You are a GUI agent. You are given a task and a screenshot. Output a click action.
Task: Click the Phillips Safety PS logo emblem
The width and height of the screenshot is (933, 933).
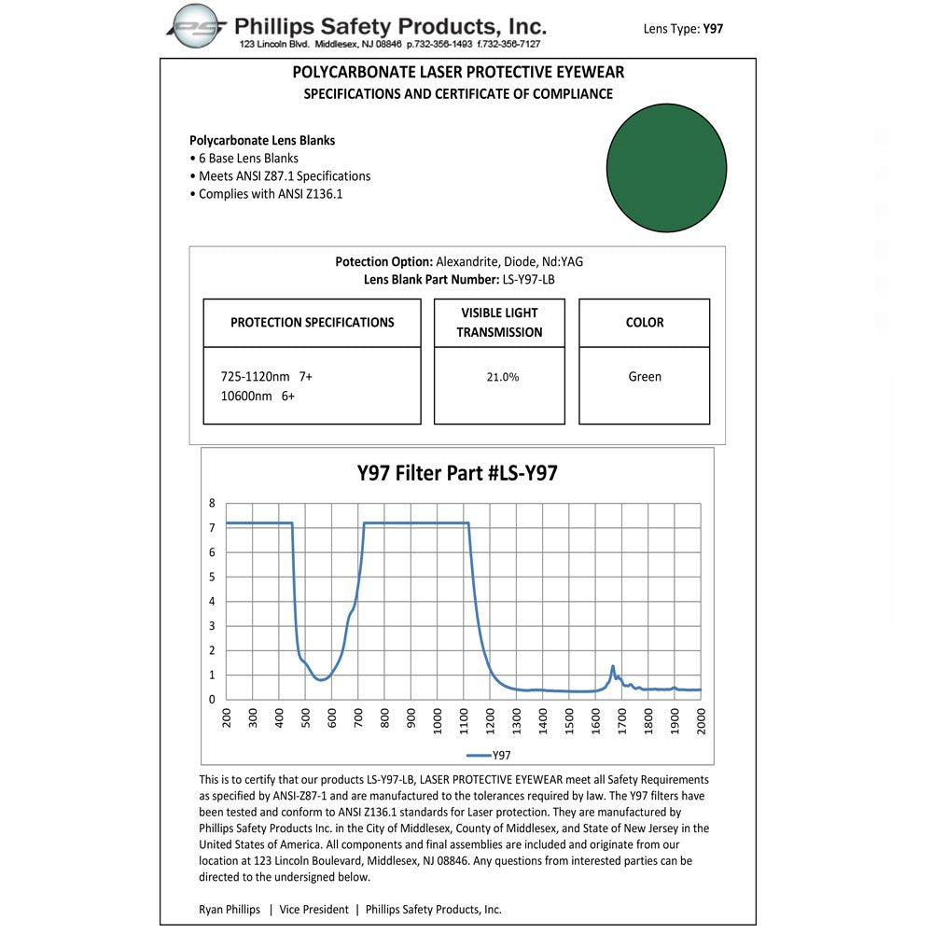coord(197,25)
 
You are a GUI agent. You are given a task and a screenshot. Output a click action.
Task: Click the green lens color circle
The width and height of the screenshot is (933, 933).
coord(666,168)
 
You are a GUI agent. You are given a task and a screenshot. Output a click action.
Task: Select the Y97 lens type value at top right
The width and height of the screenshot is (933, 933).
coord(713,29)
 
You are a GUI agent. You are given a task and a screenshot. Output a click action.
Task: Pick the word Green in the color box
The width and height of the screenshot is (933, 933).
coord(645,377)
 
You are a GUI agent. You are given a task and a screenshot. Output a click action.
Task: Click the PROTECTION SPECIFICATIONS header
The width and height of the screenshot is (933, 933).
coord(313,323)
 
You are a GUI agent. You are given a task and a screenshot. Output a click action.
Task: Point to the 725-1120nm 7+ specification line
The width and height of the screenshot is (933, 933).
coord(267,377)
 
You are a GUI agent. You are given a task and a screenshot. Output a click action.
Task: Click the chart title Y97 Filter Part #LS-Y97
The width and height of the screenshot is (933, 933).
coord(457,473)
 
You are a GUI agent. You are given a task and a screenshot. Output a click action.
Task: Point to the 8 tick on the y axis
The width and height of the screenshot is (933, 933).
coord(212,503)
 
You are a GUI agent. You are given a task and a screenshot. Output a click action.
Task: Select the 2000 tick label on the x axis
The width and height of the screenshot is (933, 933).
coord(702,722)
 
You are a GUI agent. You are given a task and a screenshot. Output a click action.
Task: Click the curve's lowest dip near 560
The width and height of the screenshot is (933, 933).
coord(322,679)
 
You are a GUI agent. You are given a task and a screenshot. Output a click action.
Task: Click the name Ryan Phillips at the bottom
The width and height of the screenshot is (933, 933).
coord(230,910)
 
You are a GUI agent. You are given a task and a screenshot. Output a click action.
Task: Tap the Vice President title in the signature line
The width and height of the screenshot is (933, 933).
coord(313,910)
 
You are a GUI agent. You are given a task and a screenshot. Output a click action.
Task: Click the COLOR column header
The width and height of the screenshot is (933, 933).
coord(645,323)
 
